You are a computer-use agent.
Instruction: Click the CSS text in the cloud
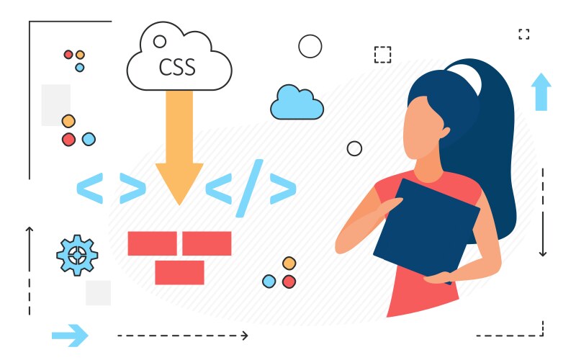176,67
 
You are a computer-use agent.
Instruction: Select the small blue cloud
297,102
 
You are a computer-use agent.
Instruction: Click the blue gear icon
77,256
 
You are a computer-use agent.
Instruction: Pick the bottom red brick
179,273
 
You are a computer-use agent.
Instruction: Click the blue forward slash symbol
249,188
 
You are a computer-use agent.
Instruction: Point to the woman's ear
445,132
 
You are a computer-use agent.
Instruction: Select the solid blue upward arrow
541,92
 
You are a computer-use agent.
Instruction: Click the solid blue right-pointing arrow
70,336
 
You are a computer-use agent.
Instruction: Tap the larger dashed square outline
383,55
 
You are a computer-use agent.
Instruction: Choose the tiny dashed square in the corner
524,34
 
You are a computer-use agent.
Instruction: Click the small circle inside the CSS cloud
160,42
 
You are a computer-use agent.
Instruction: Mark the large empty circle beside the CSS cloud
310,46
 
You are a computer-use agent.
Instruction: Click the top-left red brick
153,243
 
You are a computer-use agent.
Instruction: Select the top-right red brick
207,243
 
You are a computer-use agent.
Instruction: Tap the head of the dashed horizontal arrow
246,336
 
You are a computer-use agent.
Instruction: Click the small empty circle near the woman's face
354,148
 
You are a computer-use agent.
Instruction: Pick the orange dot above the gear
68,121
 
